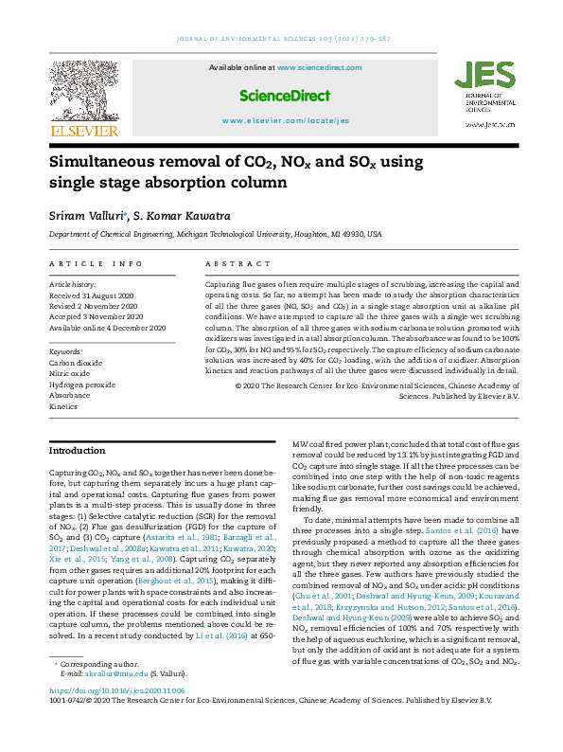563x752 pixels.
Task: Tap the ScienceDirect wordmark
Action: pos(285,96)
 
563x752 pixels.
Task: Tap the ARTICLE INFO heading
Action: pos(96,263)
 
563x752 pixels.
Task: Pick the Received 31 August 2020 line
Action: pos(96,295)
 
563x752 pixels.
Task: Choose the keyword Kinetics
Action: pos(63,405)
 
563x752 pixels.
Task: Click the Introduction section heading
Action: pos(78,451)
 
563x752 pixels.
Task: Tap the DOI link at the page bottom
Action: pos(116,691)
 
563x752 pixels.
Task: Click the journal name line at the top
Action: pos(281,39)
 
